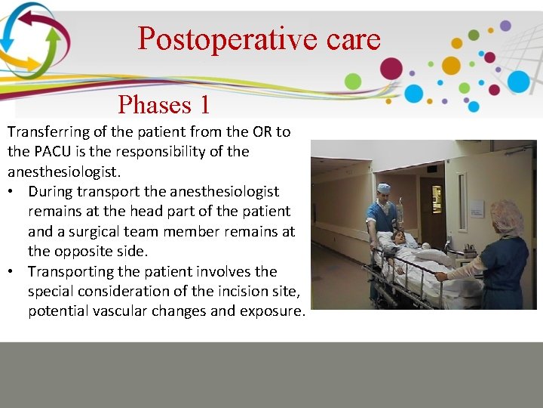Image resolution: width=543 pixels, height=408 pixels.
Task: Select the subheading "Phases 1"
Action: click(164, 104)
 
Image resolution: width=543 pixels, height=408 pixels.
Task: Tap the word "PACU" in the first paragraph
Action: click(53, 151)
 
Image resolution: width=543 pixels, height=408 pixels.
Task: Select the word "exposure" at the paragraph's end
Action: click(272, 311)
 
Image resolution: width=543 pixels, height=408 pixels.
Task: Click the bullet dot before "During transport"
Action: click(14, 192)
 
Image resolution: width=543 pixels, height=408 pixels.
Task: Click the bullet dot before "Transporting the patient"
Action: click(14, 271)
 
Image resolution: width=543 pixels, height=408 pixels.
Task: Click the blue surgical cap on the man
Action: click(384, 188)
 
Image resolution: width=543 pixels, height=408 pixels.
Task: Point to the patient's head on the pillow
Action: click(394, 239)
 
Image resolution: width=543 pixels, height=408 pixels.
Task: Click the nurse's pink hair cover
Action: click(507, 218)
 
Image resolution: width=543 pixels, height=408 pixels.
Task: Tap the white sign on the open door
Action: click(477, 208)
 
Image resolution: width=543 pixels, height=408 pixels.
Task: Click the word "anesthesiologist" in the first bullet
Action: click(227, 192)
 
